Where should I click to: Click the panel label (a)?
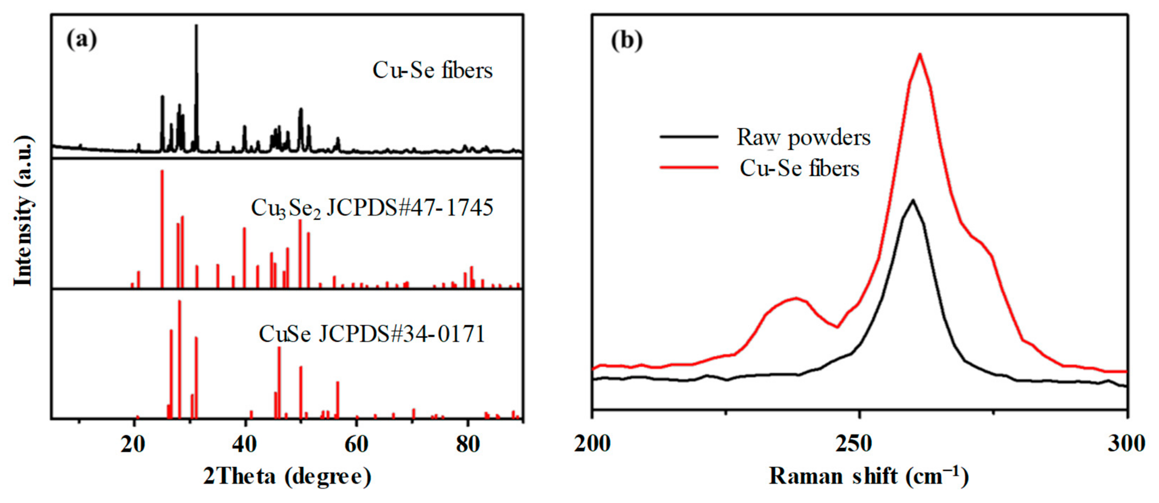point(81,40)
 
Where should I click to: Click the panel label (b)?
point(627,40)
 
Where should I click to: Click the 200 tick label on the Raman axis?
point(592,444)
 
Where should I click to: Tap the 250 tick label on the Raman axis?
point(860,444)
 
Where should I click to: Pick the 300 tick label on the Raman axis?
point(1127,444)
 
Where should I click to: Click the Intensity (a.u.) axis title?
point(23,210)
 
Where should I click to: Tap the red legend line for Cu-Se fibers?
point(689,167)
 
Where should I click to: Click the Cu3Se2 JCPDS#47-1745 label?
point(372,208)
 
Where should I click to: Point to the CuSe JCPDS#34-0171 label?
point(372,334)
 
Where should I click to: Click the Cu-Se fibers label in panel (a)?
point(433,71)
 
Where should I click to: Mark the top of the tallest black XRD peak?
point(196,26)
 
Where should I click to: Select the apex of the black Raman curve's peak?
point(913,200)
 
